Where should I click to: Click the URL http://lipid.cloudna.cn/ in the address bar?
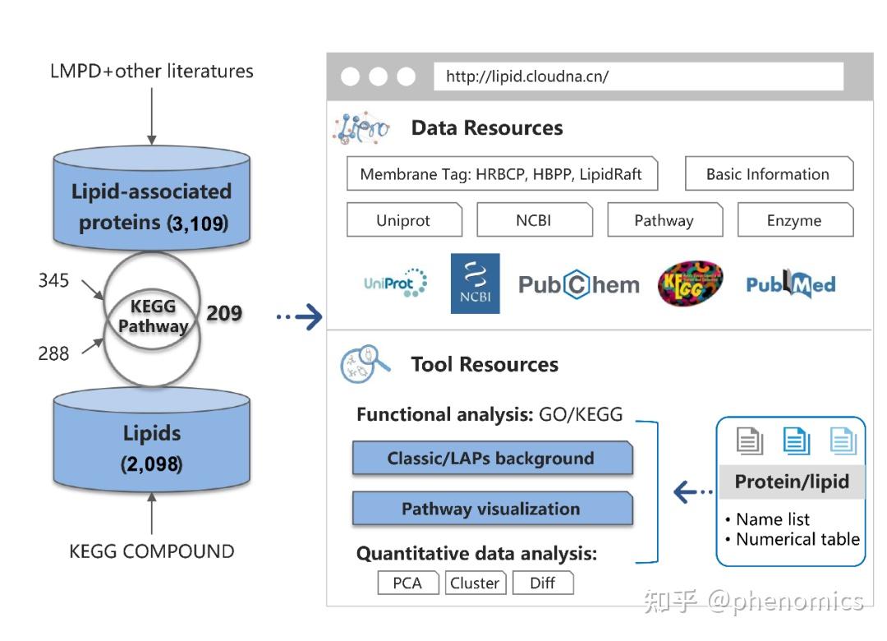click(526, 76)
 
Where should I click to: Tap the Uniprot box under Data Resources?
click(404, 219)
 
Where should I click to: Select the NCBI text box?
click(535, 219)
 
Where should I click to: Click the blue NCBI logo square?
click(476, 284)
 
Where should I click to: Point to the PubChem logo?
click(579, 284)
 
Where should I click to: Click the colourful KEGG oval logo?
click(690, 284)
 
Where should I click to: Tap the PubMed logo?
click(790, 284)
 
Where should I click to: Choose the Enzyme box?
click(795, 219)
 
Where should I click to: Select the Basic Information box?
click(769, 173)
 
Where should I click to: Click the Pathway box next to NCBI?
click(664, 219)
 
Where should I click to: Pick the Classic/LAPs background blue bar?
click(492, 458)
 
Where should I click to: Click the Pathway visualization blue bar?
click(492, 508)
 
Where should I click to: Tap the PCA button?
click(408, 583)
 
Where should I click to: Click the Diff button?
click(543, 583)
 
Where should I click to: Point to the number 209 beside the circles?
click(224, 312)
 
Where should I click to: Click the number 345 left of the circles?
click(53, 280)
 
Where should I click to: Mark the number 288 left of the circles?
click(53, 353)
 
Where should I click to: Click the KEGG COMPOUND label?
click(152, 551)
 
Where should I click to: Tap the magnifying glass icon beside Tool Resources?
click(365, 363)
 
